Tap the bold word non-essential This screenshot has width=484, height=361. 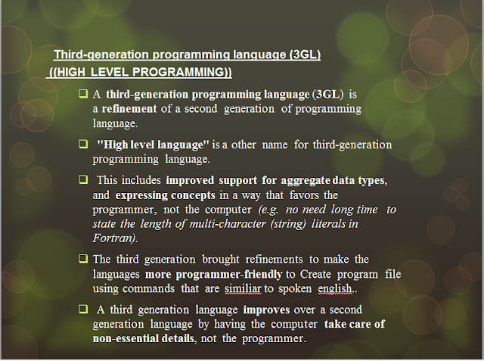[123, 338]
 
